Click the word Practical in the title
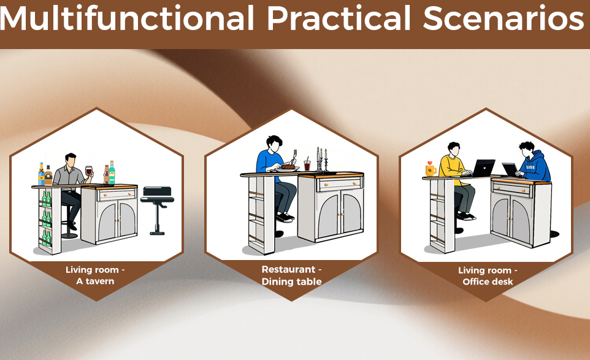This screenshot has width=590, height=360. coord(339,18)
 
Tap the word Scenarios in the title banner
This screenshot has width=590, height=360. coord(504,18)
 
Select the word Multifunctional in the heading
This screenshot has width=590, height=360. coord(127,18)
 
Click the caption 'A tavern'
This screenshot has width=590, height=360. coord(95,281)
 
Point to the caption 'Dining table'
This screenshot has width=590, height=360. coord(291,281)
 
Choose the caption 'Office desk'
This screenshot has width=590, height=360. coord(488,282)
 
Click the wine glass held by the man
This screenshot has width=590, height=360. coord(89,172)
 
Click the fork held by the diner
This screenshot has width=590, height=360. coord(294,156)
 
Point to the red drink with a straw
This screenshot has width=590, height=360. coord(307,164)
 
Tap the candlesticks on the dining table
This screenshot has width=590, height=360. coord(322,159)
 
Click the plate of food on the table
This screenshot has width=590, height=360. coord(288,168)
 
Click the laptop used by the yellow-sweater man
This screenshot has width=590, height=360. coord(483,168)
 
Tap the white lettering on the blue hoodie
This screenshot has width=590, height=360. coord(531,167)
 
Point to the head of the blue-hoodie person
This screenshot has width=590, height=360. coord(527,150)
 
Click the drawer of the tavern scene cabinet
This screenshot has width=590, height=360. coord(117,194)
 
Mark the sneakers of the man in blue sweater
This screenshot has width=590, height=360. coord(285,218)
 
